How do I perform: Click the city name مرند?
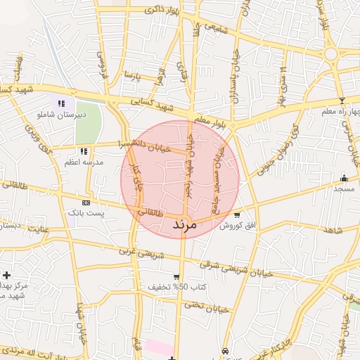pos(182,226)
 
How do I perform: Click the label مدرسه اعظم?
pos(84,162)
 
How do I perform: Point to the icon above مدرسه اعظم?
pos(84,151)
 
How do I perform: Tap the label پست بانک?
pos(84,212)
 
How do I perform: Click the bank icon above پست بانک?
pos(86,202)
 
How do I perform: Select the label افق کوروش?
pos(237,226)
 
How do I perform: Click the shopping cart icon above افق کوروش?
pos(237,215)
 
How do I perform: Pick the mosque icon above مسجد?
pos(344,178)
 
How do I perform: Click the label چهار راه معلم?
pos(341,111)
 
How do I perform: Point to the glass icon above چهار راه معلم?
pos(342,101)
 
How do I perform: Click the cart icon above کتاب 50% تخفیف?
pos(176,277)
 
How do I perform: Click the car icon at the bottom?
pos(224,350)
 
